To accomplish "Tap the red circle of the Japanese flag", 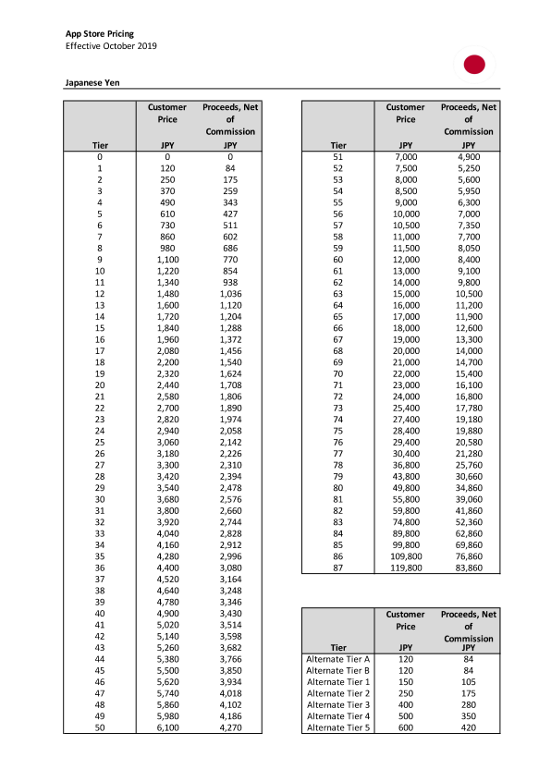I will tap(474, 64).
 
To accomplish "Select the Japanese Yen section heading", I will tap(92, 82).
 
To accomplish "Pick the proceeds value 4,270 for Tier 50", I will tap(229, 728).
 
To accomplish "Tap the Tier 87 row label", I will tap(337, 568).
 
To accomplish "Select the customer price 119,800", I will tap(405, 568).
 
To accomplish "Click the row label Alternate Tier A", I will tap(337, 658).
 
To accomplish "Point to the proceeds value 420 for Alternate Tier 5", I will tap(468, 728).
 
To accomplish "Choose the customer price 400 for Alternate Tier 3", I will tap(405, 705).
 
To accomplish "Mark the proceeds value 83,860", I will tap(468, 568).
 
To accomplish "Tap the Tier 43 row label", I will tap(100, 647).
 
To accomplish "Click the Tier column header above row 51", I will tap(337, 145).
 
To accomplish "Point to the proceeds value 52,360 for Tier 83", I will tap(468, 522).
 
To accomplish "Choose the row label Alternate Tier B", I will tap(337, 670).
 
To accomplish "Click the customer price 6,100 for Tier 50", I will tap(166, 728).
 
